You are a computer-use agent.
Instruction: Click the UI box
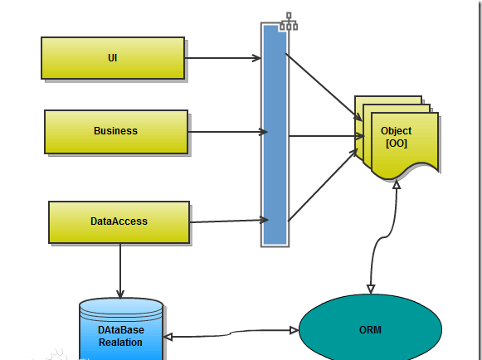tap(113, 58)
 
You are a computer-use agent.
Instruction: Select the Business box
tap(116, 132)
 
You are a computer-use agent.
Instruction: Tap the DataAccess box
tap(119, 222)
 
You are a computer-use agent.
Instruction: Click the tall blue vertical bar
tap(275, 134)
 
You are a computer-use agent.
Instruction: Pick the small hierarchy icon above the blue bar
tap(289, 22)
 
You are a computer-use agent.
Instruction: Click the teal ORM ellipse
tap(370, 328)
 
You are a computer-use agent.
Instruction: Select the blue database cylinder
tap(121, 329)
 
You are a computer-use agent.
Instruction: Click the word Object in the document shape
tap(396, 131)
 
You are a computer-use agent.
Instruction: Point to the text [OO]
tap(397, 144)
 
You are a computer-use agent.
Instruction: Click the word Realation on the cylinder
tap(120, 343)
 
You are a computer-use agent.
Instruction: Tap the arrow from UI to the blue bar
tap(223, 58)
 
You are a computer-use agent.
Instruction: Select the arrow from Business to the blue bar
tap(228, 132)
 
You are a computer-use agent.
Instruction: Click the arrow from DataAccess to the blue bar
tap(229, 221)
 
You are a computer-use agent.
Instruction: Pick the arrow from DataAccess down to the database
tap(120, 271)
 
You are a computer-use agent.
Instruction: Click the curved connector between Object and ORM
tap(383, 237)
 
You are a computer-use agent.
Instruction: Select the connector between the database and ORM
tap(231, 333)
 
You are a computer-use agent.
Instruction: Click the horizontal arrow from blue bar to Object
tap(327, 135)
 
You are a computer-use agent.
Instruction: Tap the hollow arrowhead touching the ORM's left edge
tap(295, 330)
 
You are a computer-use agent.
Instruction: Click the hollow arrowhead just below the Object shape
tap(397, 184)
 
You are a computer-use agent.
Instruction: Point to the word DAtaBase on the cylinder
tap(121, 330)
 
